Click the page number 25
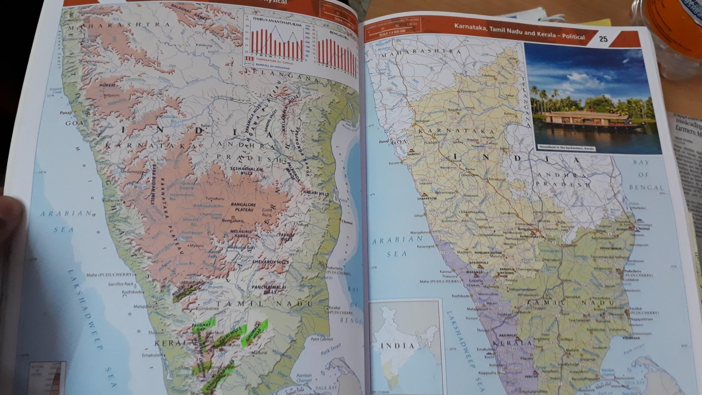pos(603,38)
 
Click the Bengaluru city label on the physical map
pos(232,221)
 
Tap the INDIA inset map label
pos(398,346)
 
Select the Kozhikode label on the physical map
pos(132,292)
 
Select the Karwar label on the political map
pos(394,163)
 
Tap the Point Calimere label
pos(322,339)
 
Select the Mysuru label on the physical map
pos(197,246)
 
